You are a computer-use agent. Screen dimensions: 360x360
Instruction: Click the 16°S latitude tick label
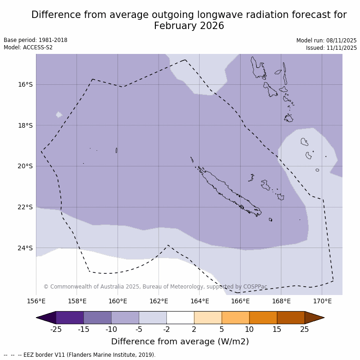pos(25,84)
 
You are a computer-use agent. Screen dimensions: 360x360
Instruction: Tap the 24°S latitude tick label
pos(25,248)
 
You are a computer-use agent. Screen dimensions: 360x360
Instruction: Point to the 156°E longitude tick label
pos(36,301)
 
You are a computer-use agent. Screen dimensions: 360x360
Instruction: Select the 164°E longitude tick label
pos(200,301)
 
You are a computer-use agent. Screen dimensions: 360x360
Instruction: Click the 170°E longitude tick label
pos(322,301)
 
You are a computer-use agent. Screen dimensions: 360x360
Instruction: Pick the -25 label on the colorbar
pos(56,329)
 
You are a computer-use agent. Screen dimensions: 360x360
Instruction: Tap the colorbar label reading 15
pos(277,329)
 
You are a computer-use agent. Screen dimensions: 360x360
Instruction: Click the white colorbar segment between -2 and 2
pos(180,318)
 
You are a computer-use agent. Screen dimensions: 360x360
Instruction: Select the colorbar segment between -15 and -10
pos(97,318)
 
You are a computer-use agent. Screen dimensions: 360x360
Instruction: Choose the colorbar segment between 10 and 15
pos(263,318)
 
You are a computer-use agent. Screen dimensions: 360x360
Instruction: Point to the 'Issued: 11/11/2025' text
pos(331,48)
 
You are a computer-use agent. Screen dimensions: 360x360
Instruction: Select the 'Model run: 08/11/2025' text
pos(326,41)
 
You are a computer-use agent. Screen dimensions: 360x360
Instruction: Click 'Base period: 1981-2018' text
pos(35,40)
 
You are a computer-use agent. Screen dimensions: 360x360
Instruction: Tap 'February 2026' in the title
pos(189,26)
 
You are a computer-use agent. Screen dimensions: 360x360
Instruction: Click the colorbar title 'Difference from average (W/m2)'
pos(180,342)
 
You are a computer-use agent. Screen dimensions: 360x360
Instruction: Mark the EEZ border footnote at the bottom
pos(79,355)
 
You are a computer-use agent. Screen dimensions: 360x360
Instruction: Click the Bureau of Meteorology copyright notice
pos(155,287)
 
